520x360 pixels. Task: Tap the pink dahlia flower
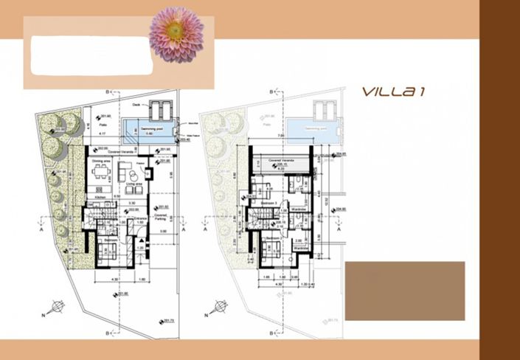point(176,34)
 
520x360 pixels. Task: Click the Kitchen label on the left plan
point(98,198)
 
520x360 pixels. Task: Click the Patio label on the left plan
point(100,125)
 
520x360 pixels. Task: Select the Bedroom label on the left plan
point(106,240)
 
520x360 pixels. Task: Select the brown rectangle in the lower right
point(405,291)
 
